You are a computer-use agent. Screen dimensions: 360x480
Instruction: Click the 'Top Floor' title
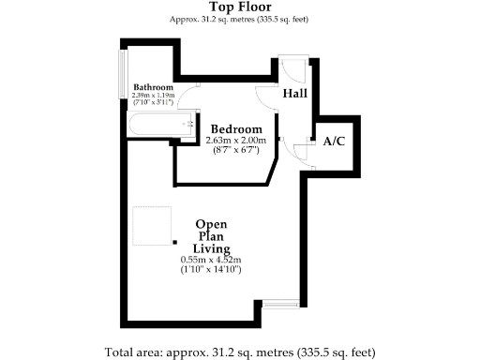coord(240,7)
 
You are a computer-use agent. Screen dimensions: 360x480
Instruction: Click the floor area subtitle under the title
coord(240,19)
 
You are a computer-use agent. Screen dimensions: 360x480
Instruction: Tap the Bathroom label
coord(153,87)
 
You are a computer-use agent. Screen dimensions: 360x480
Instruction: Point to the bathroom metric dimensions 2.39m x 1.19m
coord(154,95)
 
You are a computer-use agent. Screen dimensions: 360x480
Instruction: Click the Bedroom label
coord(235,128)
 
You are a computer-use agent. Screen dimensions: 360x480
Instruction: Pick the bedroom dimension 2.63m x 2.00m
coord(235,141)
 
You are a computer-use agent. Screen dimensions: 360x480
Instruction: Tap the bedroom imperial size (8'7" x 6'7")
coord(235,149)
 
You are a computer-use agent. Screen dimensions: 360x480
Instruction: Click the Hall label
coord(296,94)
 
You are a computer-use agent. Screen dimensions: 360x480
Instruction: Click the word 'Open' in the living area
coord(211,224)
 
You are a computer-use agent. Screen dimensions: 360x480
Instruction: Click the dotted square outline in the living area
coord(152,226)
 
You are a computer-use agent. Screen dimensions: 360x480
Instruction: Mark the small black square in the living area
coord(174,242)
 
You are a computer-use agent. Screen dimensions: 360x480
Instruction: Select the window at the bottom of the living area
coord(280,303)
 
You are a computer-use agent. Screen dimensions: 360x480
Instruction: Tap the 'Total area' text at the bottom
coord(240,352)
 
